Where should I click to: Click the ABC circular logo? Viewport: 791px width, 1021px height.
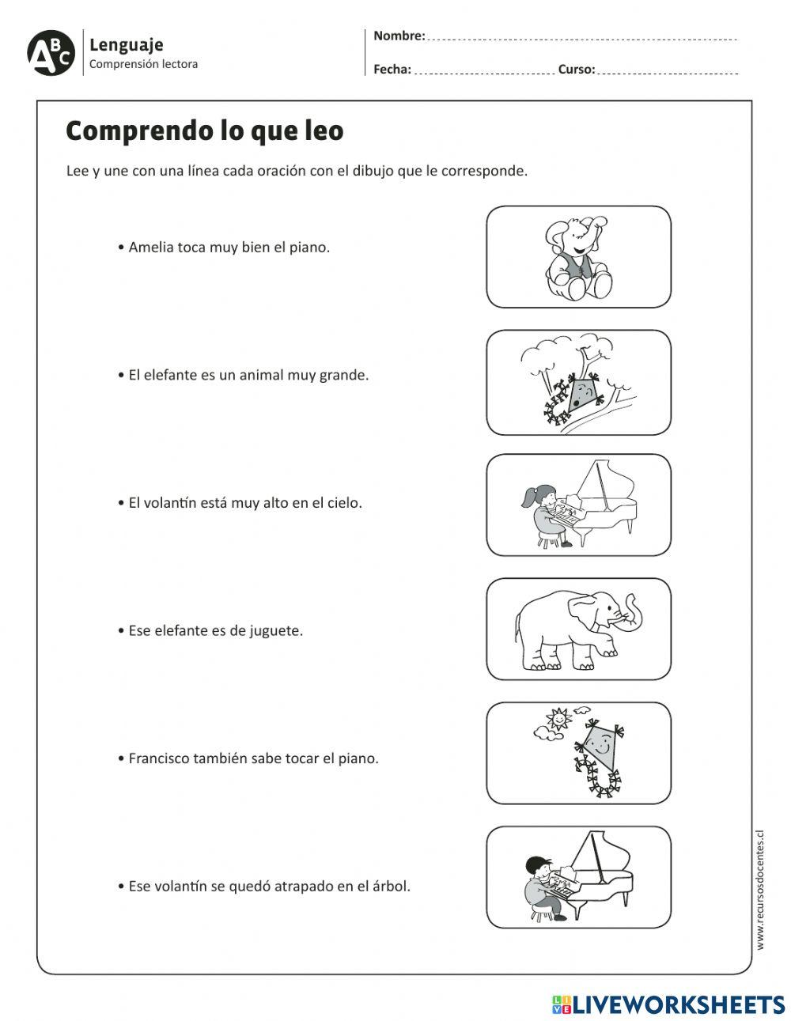(x=51, y=53)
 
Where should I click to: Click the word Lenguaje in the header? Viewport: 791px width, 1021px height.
(x=126, y=45)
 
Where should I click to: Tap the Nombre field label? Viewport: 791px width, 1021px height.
(x=399, y=36)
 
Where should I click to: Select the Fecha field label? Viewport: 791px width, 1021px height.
(x=392, y=70)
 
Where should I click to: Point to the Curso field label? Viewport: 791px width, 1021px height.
(x=576, y=70)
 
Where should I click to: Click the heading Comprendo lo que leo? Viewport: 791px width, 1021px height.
(x=204, y=131)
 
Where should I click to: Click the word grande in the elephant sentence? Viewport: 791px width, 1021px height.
(x=343, y=375)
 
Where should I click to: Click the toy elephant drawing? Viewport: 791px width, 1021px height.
(x=577, y=259)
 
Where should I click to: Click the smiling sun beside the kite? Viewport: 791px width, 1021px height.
(x=557, y=720)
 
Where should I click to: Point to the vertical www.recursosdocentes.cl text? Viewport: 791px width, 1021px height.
(x=760, y=889)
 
